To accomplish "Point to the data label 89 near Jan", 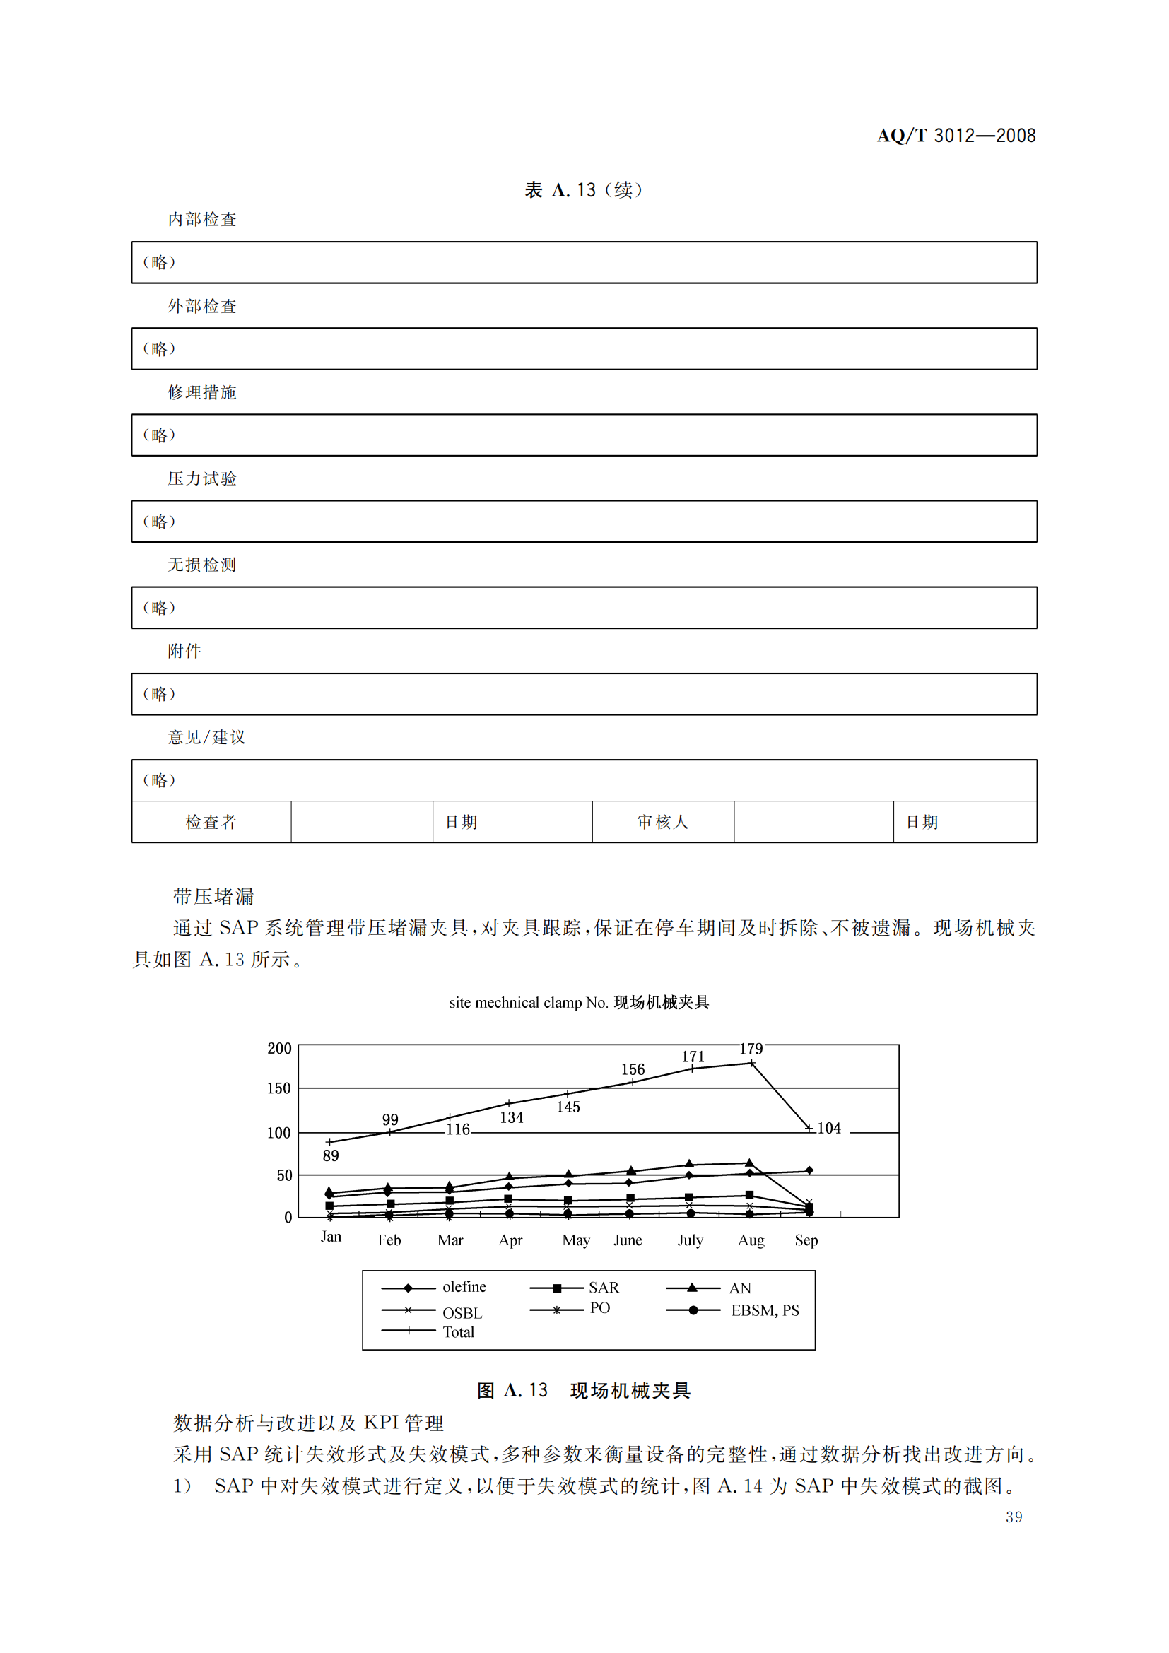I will pos(330,1155).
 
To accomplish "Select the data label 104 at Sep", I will pos(828,1128).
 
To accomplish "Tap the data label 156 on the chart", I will pos(633,1070).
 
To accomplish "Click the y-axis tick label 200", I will pos(279,1048).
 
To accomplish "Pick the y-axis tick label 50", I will pos(284,1176).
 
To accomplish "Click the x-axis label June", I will pos(628,1240).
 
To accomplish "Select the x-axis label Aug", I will pos(751,1240).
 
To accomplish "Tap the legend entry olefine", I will pos(464,1286).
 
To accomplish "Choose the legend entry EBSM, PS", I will pos(765,1310).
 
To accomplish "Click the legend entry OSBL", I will pos(462,1313).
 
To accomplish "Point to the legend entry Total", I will pos(458,1332).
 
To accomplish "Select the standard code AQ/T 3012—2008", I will pos(956,136).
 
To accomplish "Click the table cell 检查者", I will pos(211,821).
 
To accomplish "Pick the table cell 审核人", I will pos(662,821).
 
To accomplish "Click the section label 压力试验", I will pos(201,478).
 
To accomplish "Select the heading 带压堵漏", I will pos(213,896).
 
